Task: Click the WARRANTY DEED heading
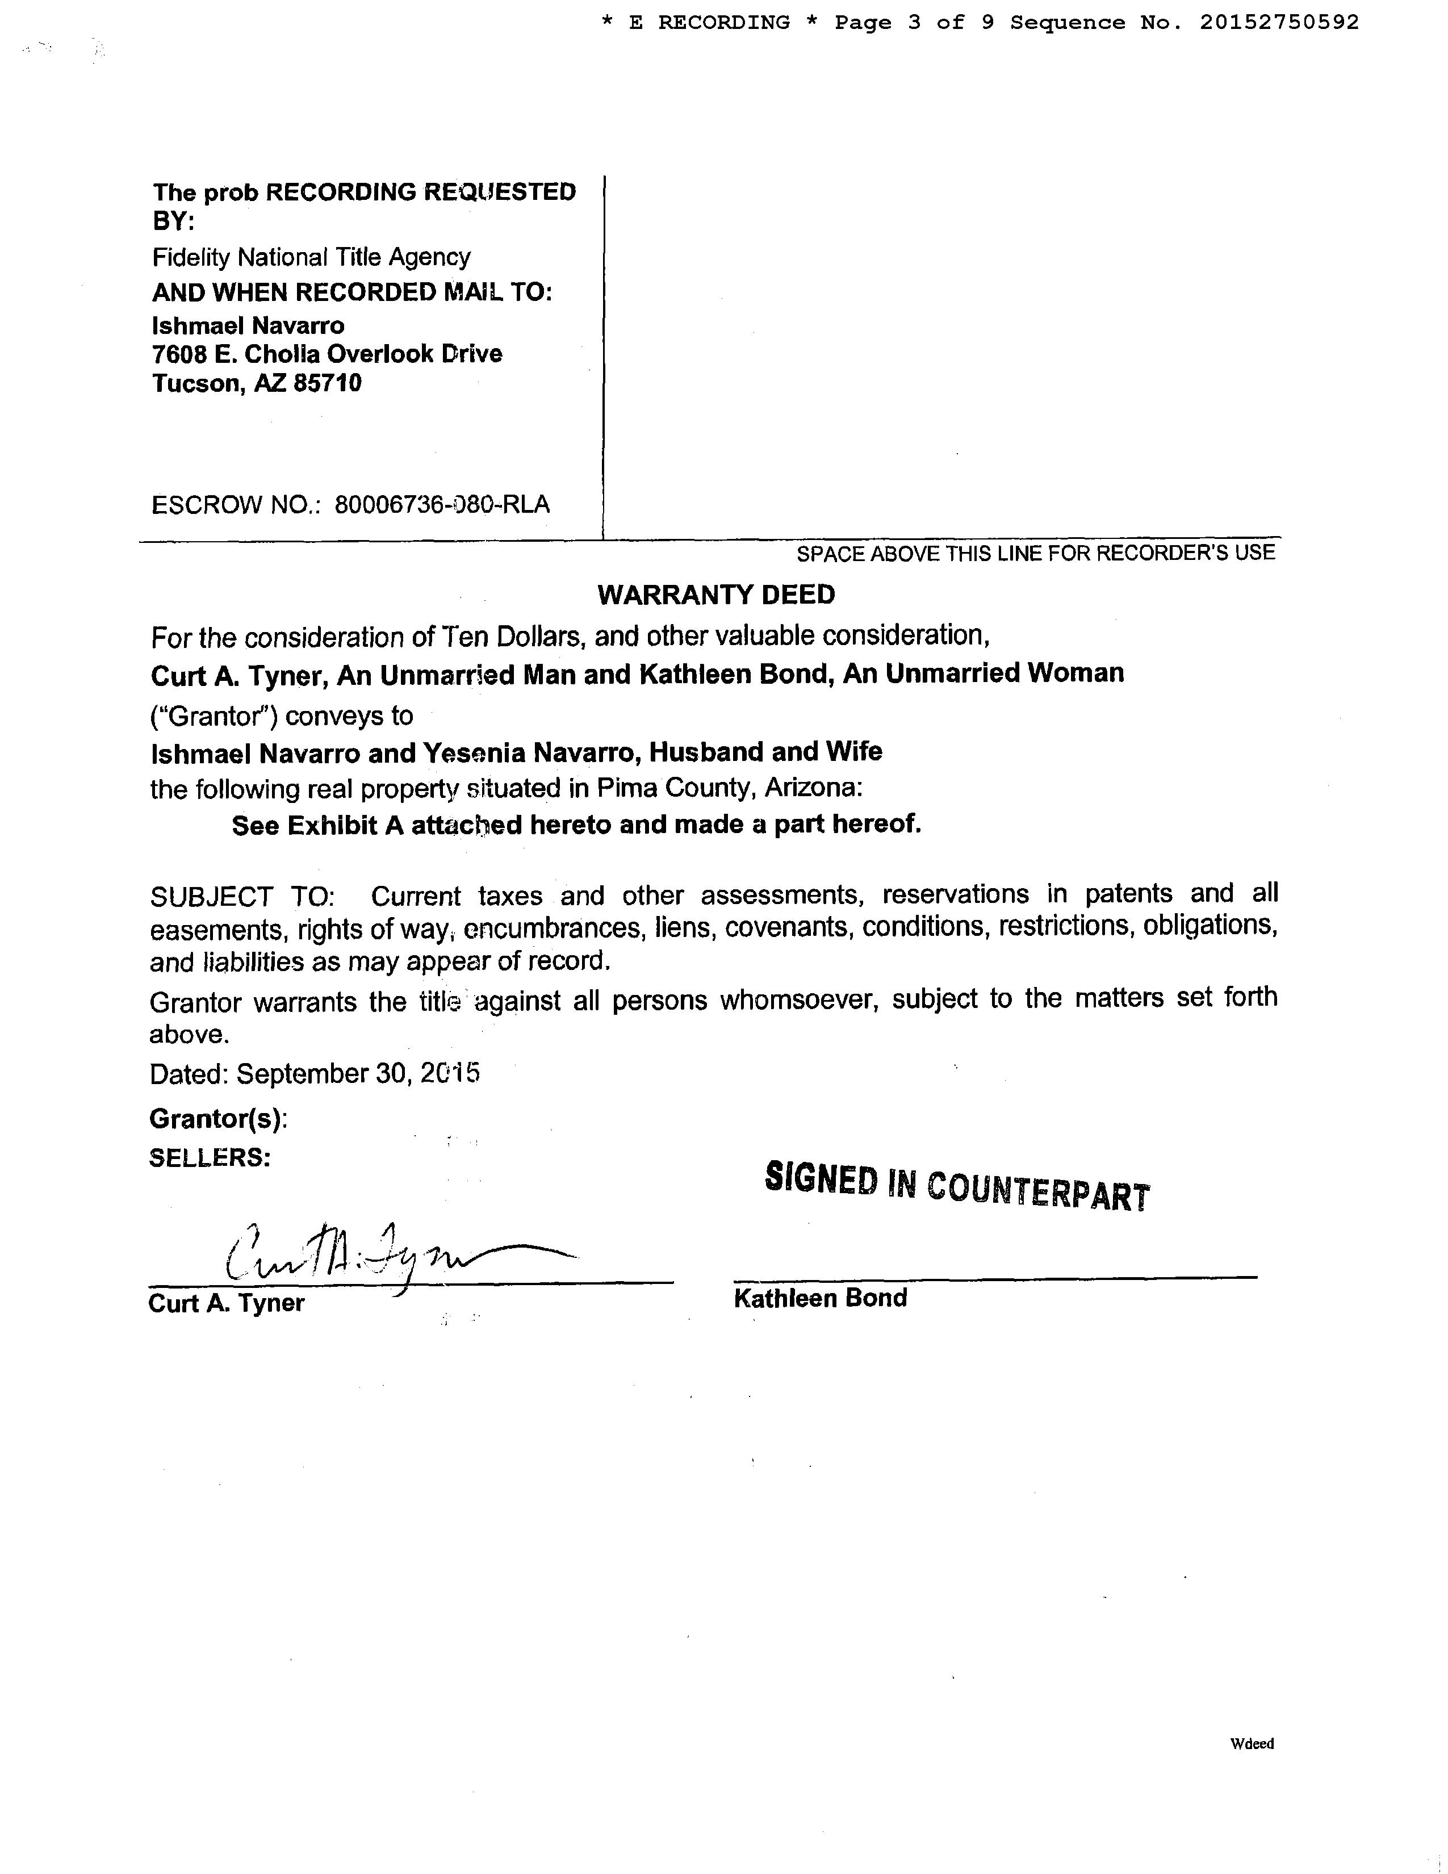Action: coord(715,595)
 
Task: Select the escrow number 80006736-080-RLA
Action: coord(442,504)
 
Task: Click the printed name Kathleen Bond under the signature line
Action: coord(820,1298)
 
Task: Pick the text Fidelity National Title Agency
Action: coord(311,257)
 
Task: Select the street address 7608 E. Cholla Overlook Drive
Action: coord(327,354)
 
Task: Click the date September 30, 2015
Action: coord(358,1073)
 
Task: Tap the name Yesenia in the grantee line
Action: coord(472,752)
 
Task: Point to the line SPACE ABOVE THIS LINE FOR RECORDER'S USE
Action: coord(1035,554)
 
